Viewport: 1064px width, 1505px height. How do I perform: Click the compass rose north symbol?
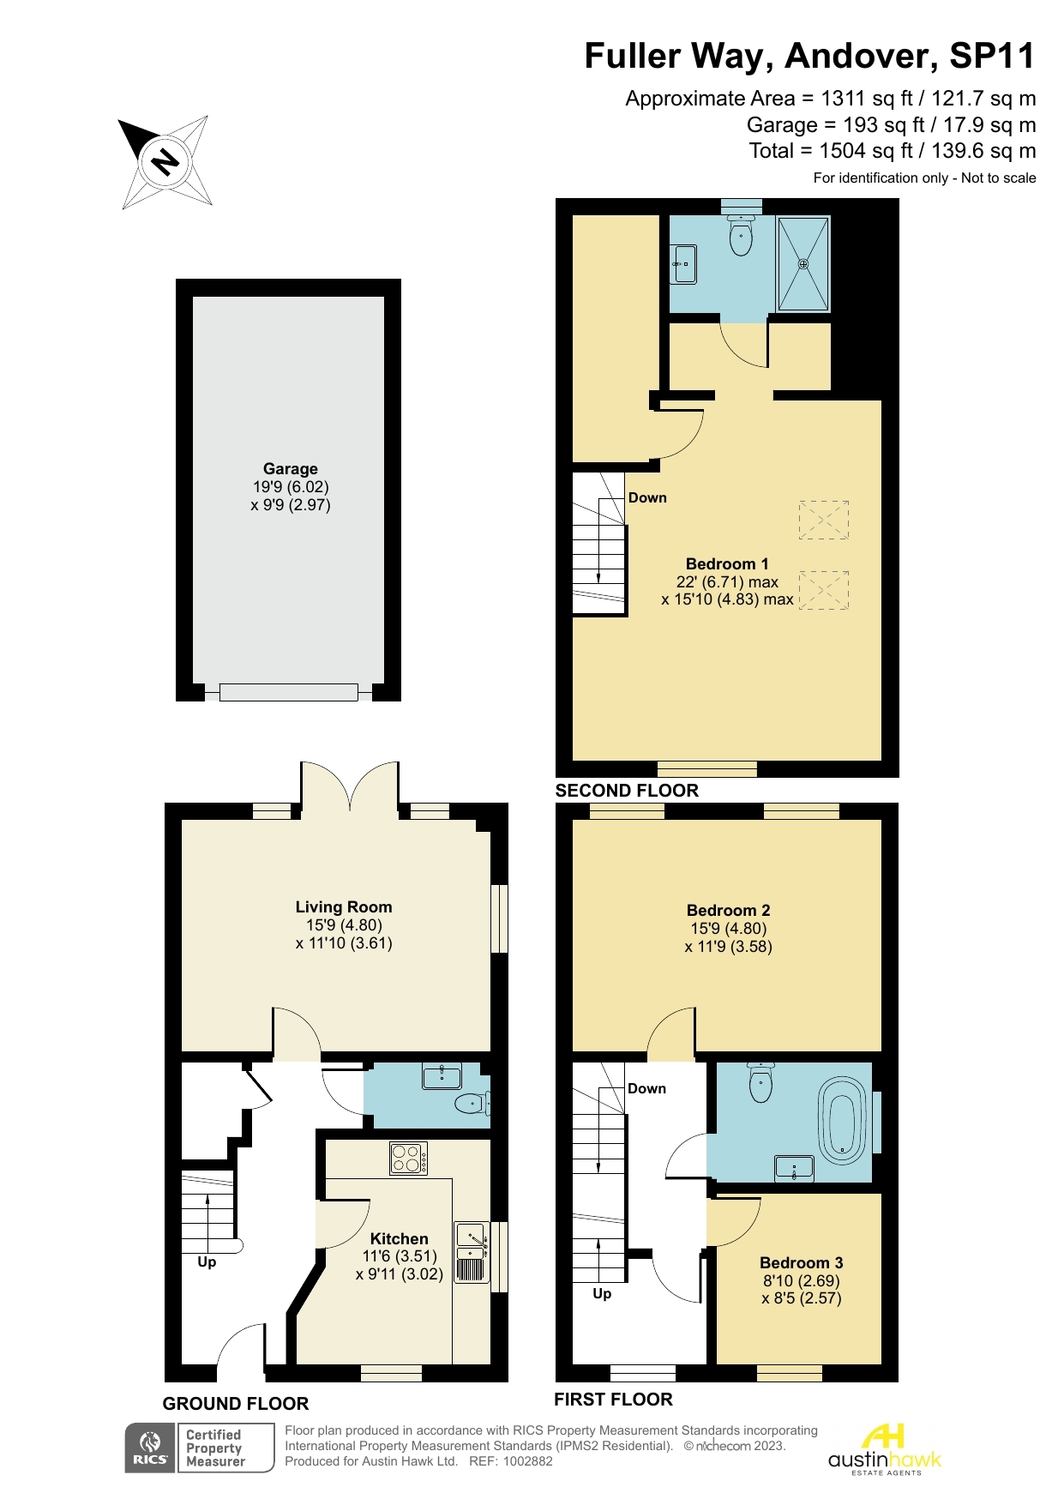[x=165, y=161]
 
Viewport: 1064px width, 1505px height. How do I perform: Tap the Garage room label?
[x=291, y=469]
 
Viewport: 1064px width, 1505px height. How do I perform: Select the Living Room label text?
[x=344, y=907]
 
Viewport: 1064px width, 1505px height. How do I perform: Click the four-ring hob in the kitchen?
[x=408, y=1159]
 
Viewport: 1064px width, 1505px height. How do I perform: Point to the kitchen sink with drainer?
[x=472, y=1252]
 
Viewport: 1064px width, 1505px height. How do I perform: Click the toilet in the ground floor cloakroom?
[x=472, y=1103]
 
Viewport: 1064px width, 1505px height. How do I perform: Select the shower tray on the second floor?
[x=803, y=264]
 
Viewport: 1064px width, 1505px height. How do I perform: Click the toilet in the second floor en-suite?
[x=741, y=234]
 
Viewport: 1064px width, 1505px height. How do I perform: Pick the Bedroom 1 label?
[x=727, y=564]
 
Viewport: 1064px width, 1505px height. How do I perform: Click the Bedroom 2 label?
[x=729, y=911]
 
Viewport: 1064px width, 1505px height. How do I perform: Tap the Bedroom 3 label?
[x=802, y=1263]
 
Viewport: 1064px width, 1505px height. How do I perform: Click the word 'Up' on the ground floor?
[x=207, y=1262]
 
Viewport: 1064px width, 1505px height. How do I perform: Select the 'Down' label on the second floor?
[x=647, y=498]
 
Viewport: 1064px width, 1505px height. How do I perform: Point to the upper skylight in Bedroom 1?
[x=824, y=520]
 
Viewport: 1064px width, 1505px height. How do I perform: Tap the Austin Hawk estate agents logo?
[x=884, y=1449]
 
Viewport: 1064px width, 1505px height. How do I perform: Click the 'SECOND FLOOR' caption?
[x=627, y=791]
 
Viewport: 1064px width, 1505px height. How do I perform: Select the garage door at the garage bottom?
[x=288, y=692]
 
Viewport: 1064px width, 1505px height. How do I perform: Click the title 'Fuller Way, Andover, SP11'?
[x=810, y=56]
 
